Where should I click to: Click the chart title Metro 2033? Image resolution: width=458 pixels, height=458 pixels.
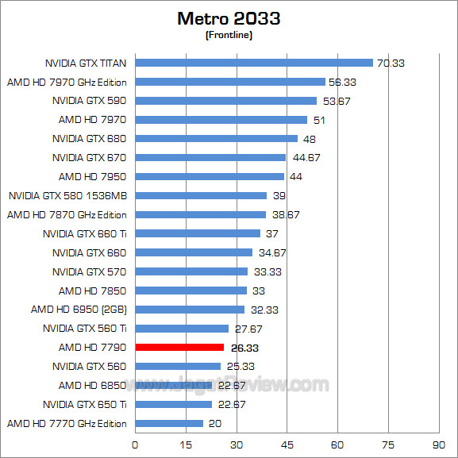tap(229, 18)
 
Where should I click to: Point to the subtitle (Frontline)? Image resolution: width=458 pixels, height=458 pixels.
tap(229, 35)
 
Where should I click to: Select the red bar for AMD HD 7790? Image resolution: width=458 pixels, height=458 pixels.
tap(179, 347)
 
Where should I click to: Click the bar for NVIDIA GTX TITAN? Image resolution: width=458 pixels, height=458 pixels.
tap(254, 63)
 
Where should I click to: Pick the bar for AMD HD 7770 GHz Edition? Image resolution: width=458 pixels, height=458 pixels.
tap(169, 423)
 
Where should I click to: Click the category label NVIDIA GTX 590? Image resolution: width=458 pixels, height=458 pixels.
tap(90, 101)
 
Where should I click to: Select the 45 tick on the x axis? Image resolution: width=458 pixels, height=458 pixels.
tap(287, 443)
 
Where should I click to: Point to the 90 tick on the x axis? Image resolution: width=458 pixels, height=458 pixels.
tap(439, 443)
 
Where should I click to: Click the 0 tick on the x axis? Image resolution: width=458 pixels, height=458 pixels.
tap(136, 443)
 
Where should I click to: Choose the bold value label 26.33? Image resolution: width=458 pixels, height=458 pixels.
tap(244, 348)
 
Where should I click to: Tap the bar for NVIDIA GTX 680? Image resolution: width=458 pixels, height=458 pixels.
tap(217, 139)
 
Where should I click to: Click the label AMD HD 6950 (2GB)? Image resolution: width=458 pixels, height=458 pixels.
tap(79, 310)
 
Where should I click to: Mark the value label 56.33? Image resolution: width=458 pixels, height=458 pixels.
tap(343, 82)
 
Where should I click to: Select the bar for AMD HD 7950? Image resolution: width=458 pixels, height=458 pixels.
tap(210, 176)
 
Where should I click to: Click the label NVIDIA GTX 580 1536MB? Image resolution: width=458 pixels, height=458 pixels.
tap(67, 195)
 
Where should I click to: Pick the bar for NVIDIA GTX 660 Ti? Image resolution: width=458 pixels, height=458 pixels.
tap(198, 233)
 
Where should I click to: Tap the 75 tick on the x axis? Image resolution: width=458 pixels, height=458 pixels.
tap(388, 443)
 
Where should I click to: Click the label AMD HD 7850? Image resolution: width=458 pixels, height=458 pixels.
tap(93, 291)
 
